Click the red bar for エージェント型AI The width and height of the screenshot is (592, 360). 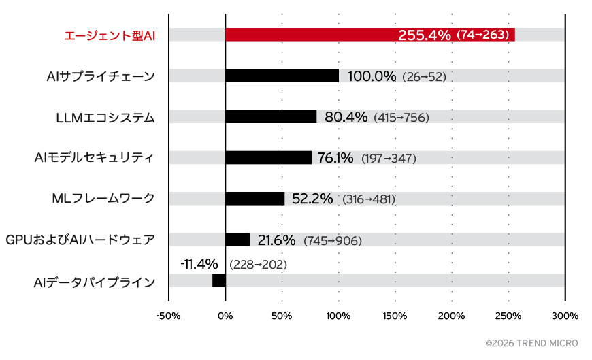coord(306,35)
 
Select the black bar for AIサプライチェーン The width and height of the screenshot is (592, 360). coord(282,76)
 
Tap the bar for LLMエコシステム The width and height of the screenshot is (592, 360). coord(271,117)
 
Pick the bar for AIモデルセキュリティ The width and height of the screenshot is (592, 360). coord(268,158)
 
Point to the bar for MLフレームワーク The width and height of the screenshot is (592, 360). coord(254,199)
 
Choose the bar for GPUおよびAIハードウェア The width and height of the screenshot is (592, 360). coord(237,240)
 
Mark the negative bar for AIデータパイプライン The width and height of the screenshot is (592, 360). coord(219,280)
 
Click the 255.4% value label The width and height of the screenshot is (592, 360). coord(425,35)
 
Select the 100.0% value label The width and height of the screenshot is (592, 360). coord(372,76)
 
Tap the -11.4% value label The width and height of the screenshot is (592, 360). coord(199,263)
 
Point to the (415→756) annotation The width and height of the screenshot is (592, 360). coord(401,118)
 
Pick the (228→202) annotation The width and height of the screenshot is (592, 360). coord(259,264)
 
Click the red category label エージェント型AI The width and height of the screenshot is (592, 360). coord(110,35)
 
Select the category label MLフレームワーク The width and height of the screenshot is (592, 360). coord(103,199)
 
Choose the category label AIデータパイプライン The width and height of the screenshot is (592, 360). coord(95,281)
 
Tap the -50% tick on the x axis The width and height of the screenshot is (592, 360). coord(168,316)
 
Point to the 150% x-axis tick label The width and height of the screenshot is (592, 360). coord(395,316)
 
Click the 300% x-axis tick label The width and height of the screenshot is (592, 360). coord(565,316)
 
